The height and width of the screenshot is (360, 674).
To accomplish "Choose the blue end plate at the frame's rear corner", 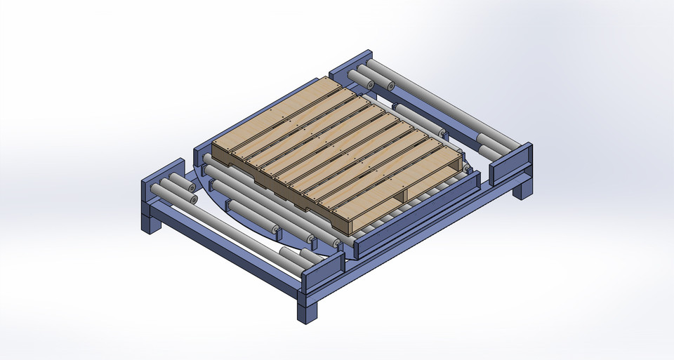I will (351, 65).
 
